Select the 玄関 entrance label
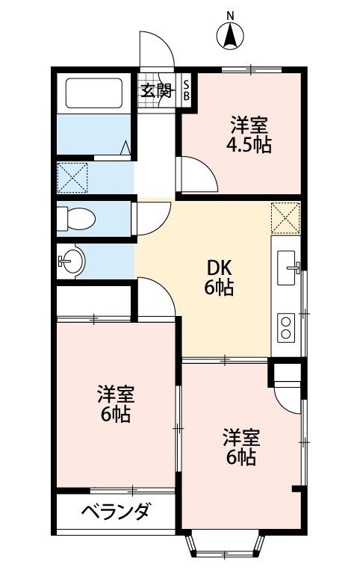(157, 91)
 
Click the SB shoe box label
(187, 90)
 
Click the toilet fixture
(76, 218)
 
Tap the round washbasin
(72, 261)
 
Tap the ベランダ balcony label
(115, 513)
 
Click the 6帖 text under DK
(220, 288)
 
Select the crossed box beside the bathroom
(74, 178)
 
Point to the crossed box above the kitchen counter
(285, 217)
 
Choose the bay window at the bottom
(225, 545)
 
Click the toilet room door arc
(151, 217)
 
